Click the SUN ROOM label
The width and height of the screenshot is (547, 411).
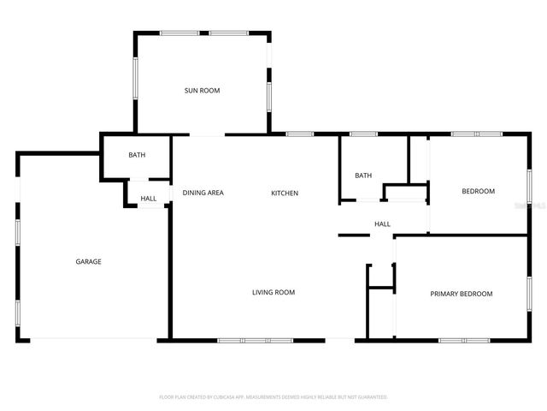point(203,90)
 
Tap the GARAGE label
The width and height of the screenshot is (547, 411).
point(88,261)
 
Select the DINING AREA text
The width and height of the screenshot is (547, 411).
point(203,193)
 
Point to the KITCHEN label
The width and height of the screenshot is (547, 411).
point(285,193)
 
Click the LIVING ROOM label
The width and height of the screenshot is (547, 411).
point(273,292)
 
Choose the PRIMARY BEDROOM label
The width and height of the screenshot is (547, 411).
point(461,294)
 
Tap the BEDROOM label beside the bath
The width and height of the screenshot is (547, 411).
point(478,191)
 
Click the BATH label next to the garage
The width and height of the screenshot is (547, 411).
point(136,155)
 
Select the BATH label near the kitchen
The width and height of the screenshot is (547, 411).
point(363,176)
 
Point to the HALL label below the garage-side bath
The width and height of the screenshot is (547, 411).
point(148,199)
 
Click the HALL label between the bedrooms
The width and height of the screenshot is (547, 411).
point(382,223)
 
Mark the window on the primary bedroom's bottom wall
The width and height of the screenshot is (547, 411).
point(464,340)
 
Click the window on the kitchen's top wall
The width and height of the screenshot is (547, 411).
point(298,134)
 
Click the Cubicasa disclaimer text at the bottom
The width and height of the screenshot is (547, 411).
point(273,397)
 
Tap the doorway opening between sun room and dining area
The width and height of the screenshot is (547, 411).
point(207,134)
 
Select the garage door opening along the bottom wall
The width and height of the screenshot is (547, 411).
point(94,340)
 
